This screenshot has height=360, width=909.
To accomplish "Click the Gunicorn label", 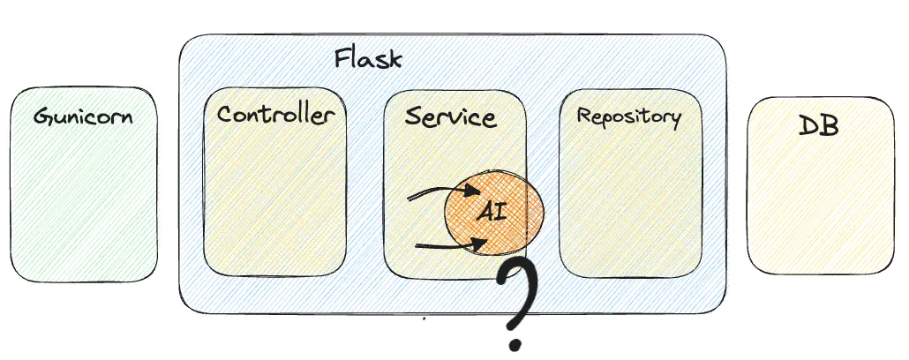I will click(83, 116).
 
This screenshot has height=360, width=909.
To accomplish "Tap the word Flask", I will click(368, 60).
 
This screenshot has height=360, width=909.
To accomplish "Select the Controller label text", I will click(275, 116).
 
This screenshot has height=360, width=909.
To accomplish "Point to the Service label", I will click(450, 117).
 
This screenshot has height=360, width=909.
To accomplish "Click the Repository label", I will click(628, 116).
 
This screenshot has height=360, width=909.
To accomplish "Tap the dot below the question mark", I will click(515, 340).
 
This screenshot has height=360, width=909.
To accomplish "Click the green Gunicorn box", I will click(83, 203).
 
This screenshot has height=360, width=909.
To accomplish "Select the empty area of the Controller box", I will click(275, 203).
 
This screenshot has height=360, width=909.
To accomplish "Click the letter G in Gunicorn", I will click(41, 116).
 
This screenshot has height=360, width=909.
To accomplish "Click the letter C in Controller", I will click(224, 116).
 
